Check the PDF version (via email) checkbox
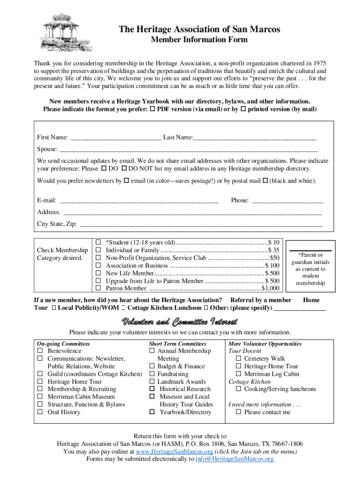(x=152, y=109)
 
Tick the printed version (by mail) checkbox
(x=243, y=109)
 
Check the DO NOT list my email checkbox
(x=124, y=168)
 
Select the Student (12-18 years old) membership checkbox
(x=99, y=242)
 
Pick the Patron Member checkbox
(x=99, y=288)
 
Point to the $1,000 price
(x=271, y=289)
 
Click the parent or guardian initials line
(x=311, y=251)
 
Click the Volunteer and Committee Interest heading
(x=180, y=322)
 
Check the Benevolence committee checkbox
(x=40, y=351)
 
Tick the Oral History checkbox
(x=40, y=412)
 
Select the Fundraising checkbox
(x=152, y=374)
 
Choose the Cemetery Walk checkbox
(x=238, y=359)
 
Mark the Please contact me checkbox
(x=238, y=412)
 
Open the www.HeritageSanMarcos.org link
(x=174, y=452)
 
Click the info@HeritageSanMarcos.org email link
(x=234, y=459)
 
